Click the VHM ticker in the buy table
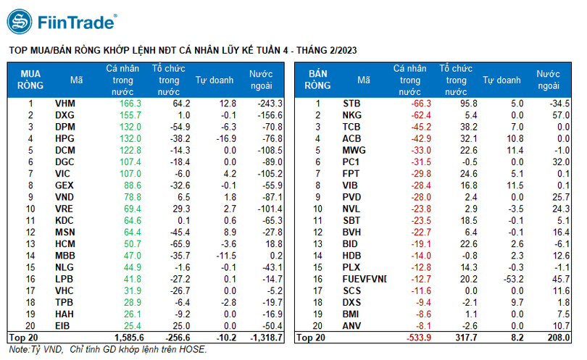point(64,104)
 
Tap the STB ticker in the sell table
point(351,104)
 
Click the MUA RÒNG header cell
point(30,80)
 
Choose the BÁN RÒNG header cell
point(318,80)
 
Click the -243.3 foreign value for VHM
point(268,104)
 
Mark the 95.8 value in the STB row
point(462,104)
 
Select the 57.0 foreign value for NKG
point(561,115)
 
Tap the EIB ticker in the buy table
point(63,325)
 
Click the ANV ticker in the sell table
point(351,325)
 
